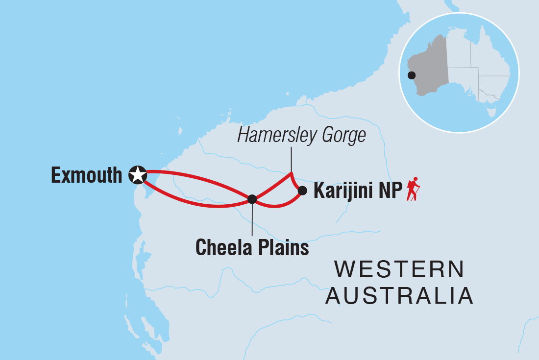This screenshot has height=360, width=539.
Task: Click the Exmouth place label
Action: tap(86, 175)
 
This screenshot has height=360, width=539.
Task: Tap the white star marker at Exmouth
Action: tap(138, 174)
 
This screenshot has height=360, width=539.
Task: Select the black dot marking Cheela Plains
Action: tap(252, 199)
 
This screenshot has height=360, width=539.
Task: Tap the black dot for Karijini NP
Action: tap(302, 191)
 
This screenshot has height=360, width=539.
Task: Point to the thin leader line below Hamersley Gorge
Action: tap(291, 159)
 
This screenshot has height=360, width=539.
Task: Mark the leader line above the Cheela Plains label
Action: tap(252, 220)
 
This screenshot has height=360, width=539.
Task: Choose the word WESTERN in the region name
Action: tap(399, 270)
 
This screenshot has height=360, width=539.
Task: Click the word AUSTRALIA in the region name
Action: tap(399, 295)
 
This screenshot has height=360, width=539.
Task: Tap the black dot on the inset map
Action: tap(412, 75)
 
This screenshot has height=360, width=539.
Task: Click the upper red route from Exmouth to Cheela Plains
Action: tap(196, 178)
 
